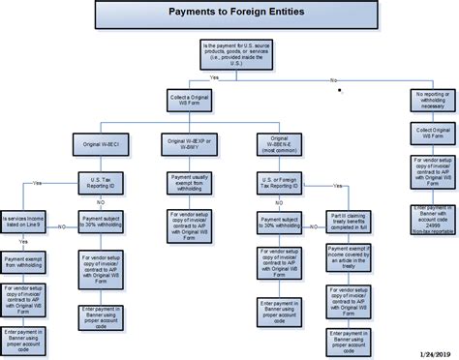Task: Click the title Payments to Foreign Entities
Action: [229, 15]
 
